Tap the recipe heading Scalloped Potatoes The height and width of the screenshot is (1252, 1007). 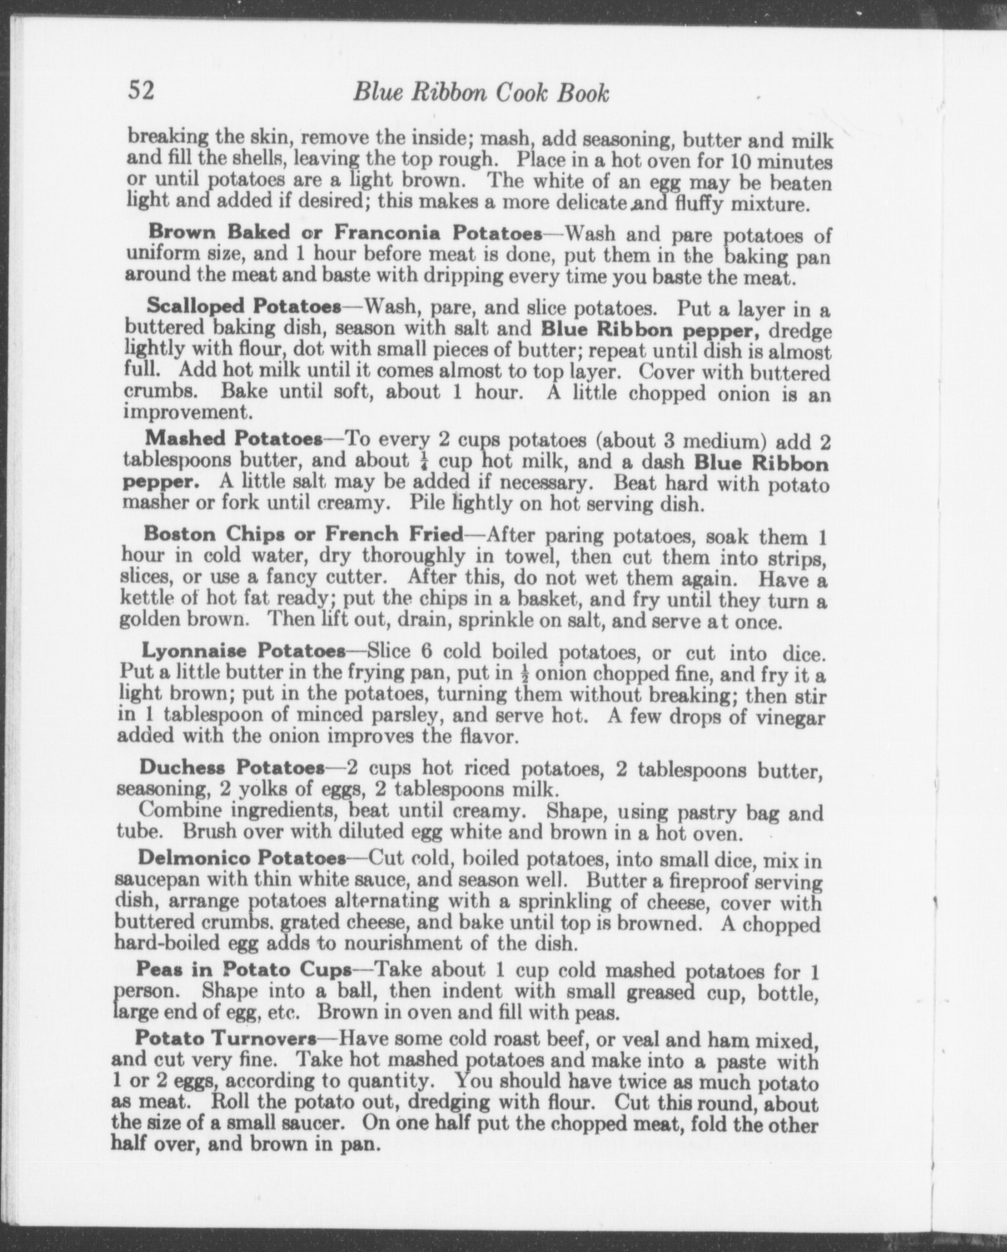tap(244, 305)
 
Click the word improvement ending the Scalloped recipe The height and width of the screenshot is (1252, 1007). tap(187, 413)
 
